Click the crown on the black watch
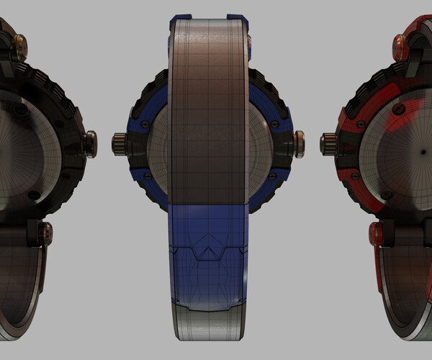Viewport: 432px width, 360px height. tap(90, 143)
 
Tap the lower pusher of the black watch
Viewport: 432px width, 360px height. tap(45, 232)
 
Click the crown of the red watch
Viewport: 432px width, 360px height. tap(328, 143)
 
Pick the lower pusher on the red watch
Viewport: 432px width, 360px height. tap(377, 233)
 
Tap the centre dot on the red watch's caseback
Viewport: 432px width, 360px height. tap(418, 153)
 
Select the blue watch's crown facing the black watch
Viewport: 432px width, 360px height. tap(120, 143)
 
